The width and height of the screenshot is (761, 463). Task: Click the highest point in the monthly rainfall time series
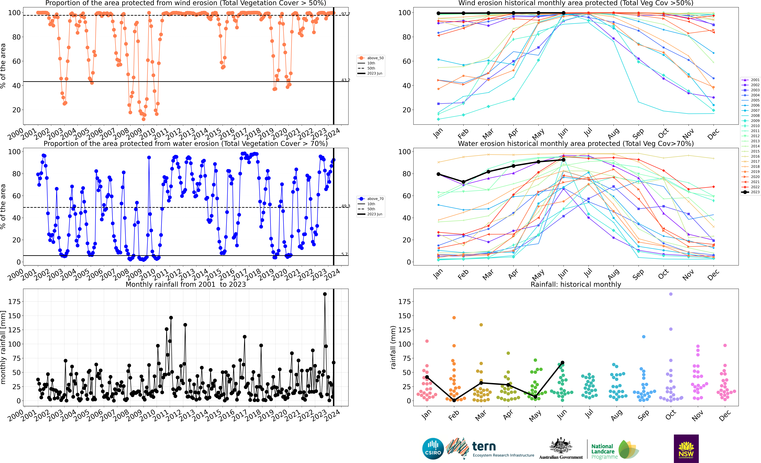(x=325, y=294)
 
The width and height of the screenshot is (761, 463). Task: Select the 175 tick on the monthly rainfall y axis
(x=15, y=302)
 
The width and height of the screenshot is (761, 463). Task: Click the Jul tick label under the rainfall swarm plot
(x=589, y=414)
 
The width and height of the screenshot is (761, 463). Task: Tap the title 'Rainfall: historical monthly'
(x=576, y=284)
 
